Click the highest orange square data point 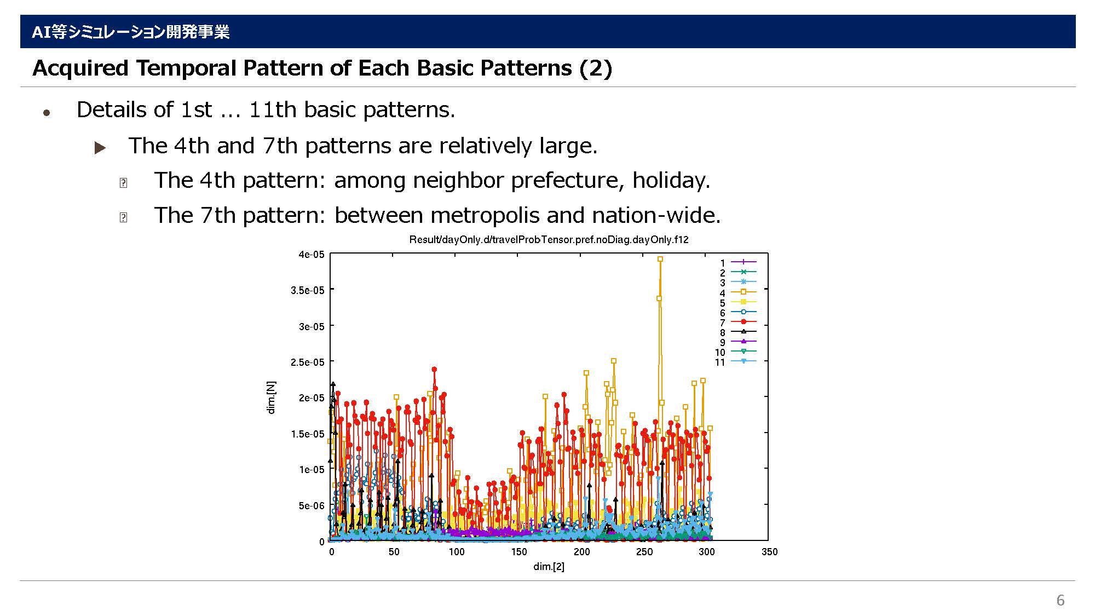point(660,259)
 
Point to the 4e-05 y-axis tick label point(312,255)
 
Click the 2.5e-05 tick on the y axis point(308,362)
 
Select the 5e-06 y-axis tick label point(312,505)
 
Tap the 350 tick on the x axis point(769,551)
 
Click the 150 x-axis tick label point(519,551)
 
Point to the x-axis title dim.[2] point(549,566)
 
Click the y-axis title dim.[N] point(271,398)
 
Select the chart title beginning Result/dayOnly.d point(549,240)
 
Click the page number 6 point(1061,600)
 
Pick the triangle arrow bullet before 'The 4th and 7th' point(100,147)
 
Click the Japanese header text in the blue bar point(130,32)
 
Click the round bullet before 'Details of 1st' point(47,113)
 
